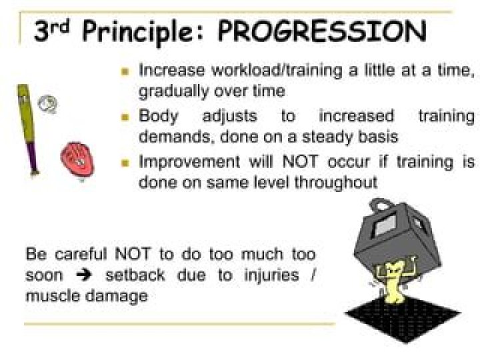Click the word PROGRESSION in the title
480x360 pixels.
click(x=322, y=31)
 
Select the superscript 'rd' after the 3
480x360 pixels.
click(x=63, y=26)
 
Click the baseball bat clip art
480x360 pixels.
click(x=27, y=130)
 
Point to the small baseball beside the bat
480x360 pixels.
click(x=47, y=104)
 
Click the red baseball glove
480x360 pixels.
click(x=77, y=159)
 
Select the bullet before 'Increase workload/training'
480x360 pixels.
click(x=125, y=71)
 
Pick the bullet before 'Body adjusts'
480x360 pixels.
click(x=125, y=117)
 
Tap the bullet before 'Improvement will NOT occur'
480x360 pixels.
click(x=125, y=163)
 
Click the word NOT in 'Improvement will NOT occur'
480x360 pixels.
click(x=300, y=161)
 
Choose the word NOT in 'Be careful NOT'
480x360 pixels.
click(x=133, y=254)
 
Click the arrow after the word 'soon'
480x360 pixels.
click(x=84, y=276)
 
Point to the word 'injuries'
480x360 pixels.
click(x=271, y=275)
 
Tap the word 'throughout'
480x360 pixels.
click(x=336, y=183)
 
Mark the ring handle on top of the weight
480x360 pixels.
click(x=381, y=205)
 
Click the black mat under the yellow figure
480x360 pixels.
click(x=403, y=319)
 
